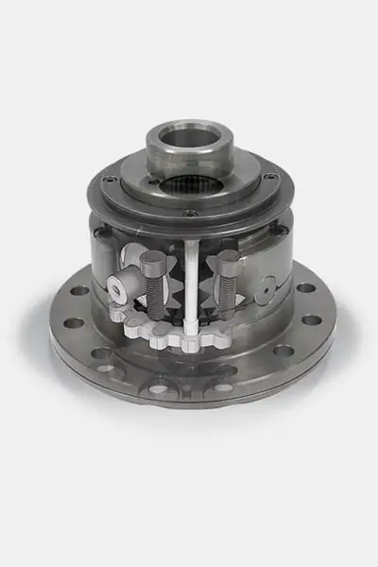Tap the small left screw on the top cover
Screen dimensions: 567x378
point(111,178)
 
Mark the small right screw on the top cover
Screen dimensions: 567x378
point(270,176)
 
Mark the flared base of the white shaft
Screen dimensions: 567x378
point(192,325)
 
